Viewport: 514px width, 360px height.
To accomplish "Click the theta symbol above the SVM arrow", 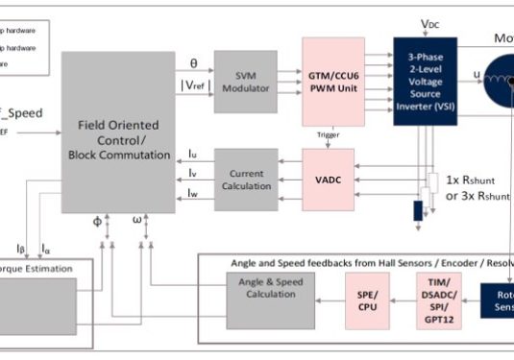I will coord(193,63).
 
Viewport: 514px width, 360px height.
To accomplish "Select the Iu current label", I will coord(193,154).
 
